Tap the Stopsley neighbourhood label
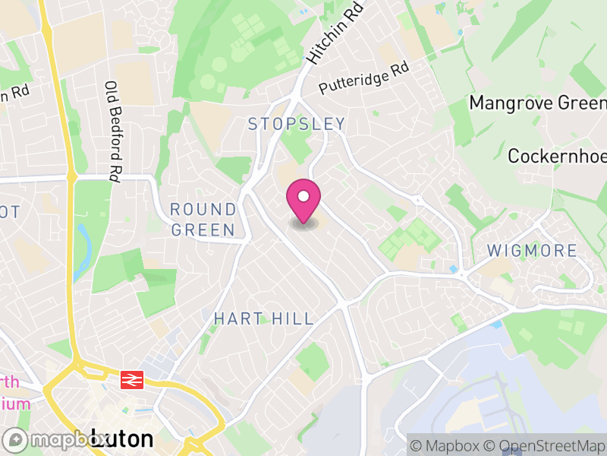pos(297,124)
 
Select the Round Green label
pos(203,219)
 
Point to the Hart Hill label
pos(263,318)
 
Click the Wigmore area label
pos(531,250)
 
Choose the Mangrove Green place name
pos(538,103)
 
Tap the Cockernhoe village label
pos(557,157)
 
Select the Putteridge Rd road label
pos(364,78)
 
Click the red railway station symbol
pos(132,378)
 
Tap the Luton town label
pos(121,439)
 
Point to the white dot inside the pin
pos(303,197)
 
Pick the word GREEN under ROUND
pos(203,229)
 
